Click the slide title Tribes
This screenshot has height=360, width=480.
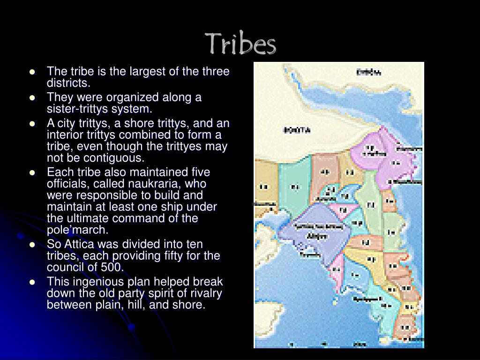241,44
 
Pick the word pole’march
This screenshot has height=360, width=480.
77,230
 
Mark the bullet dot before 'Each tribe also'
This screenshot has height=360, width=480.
32,172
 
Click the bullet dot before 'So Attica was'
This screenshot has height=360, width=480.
32,244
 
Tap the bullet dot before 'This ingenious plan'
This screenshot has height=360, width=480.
32,282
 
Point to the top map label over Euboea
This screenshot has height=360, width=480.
368,73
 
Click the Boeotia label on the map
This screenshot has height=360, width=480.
296,130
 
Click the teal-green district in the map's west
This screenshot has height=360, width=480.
294,187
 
